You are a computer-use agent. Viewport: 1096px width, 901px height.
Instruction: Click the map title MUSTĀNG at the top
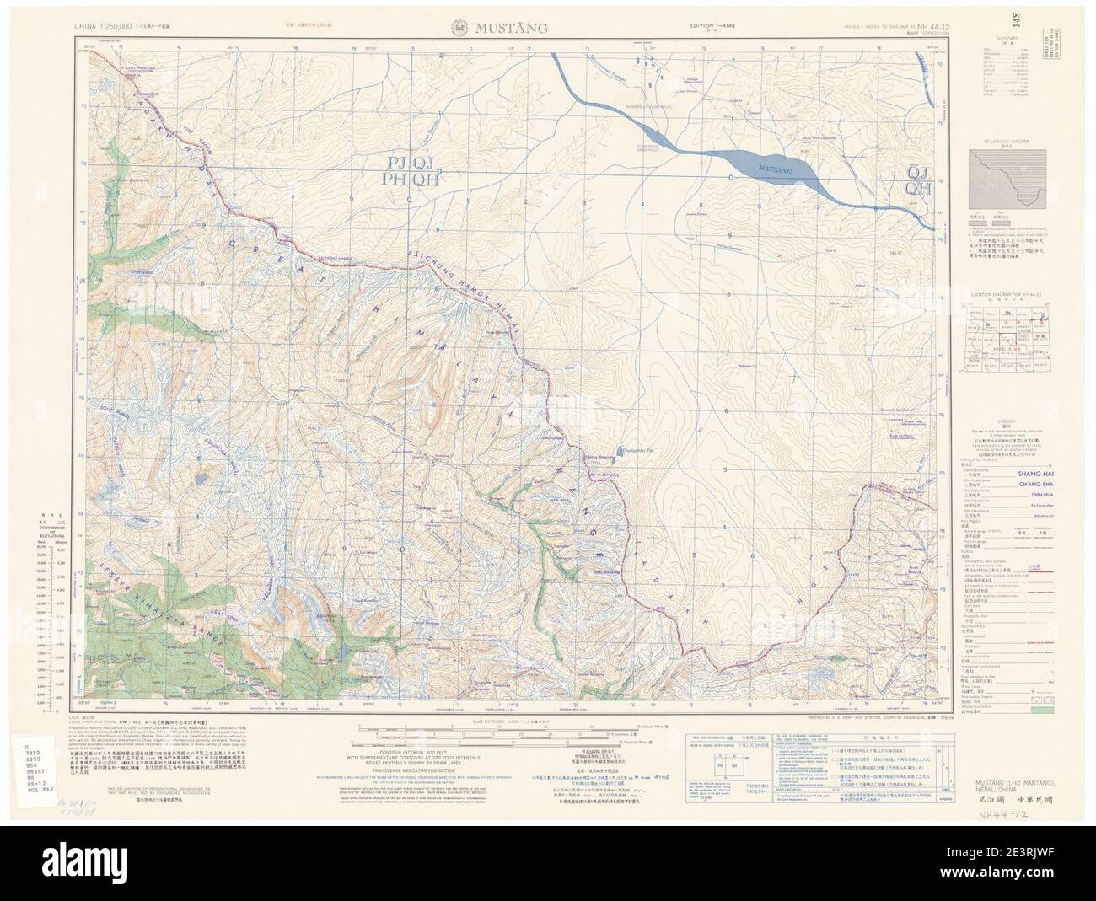[x=513, y=27]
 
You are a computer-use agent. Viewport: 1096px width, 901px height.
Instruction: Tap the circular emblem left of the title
[x=463, y=27]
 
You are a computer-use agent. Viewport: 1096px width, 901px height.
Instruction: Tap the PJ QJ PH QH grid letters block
[x=411, y=170]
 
